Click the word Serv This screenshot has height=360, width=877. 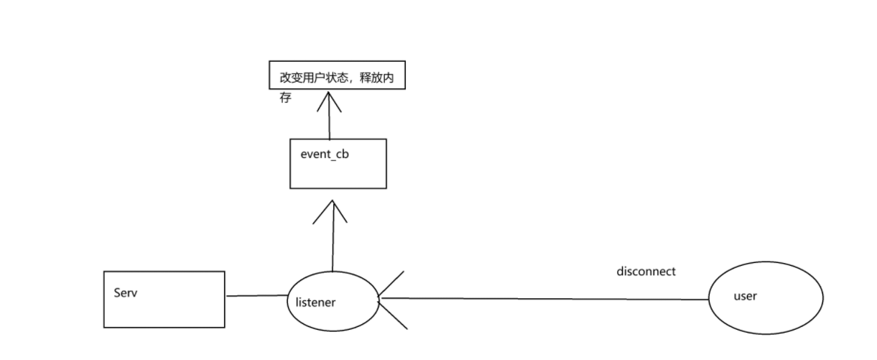[x=126, y=293]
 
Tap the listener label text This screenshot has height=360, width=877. [x=315, y=303]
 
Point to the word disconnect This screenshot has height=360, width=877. [x=646, y=272]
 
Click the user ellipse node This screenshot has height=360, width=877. [x=766, y=316]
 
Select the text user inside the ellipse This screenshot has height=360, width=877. [x=745, y=296]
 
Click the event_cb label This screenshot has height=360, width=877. [x=325, y=154]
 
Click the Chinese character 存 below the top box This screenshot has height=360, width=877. [x=286, y=98]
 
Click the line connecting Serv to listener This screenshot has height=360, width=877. [x=256, y=295]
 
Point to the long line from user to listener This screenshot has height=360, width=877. [x=546, y=298]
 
